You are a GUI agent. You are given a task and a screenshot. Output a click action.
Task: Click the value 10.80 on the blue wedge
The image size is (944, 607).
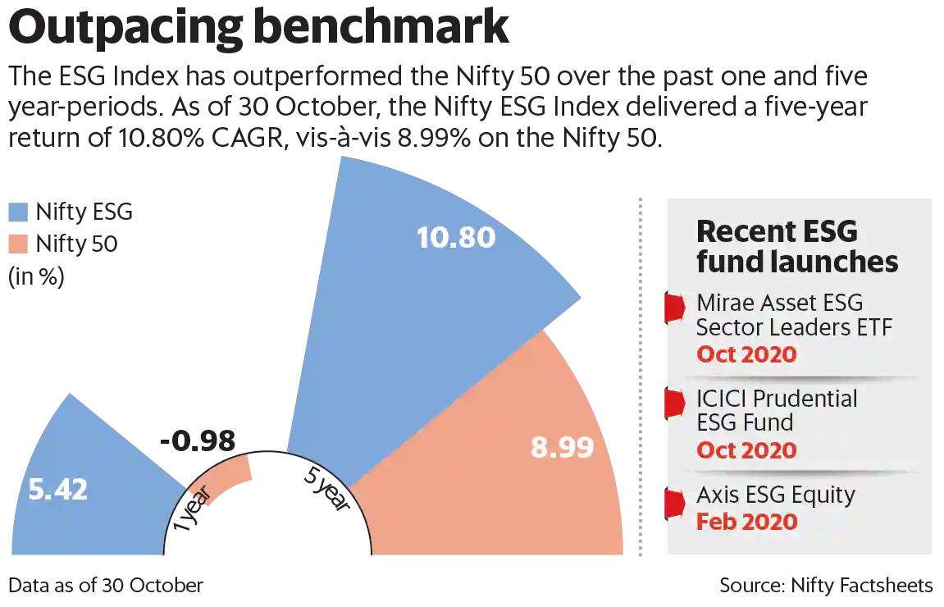(456, 238)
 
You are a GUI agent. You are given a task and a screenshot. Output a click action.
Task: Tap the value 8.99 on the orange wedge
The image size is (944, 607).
(562, 448)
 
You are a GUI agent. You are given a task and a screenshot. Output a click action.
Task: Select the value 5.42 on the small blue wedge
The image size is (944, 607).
(57, 490)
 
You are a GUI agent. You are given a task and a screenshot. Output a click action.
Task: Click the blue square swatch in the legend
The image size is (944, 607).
(17, 212)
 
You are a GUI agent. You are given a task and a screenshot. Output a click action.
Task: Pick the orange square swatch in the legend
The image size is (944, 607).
(17, 244)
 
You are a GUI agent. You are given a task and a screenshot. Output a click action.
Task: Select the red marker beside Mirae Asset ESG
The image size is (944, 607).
(673, 307)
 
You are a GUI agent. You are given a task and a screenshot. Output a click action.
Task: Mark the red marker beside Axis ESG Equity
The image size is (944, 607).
(673, 503)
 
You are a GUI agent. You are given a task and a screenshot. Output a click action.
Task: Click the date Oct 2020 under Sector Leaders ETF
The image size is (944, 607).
(746, 354)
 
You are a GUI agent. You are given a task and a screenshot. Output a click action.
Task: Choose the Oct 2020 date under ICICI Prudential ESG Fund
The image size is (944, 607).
(746, 450)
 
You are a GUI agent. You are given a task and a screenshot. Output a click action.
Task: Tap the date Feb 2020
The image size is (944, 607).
(746, 522)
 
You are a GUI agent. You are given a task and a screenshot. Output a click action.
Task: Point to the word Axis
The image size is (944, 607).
(716, 495)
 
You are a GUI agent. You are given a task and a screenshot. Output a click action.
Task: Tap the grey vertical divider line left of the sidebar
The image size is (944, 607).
(640, 377)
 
